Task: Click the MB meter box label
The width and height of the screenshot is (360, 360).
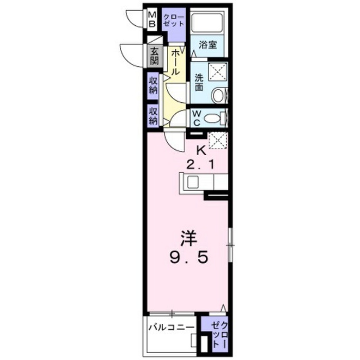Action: [x=152, y=19]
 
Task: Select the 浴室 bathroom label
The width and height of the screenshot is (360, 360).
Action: [x=208, y=45]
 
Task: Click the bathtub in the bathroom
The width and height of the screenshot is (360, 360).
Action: [x=207, y=22]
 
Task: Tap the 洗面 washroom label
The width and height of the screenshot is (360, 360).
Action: [x=199, y=83]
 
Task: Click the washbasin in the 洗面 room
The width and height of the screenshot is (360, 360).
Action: [x=219, y=95]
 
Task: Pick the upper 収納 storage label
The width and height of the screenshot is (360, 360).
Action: [x=153, y=85]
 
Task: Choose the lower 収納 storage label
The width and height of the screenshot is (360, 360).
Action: [x=153, y=116]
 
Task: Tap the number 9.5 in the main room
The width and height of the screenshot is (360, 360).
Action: [x=188, y=259]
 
